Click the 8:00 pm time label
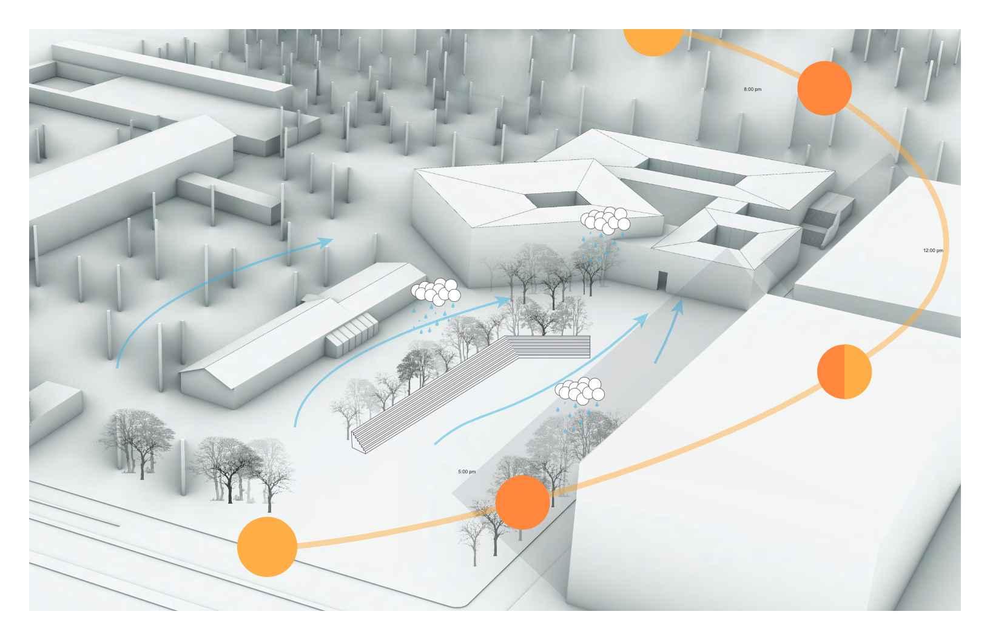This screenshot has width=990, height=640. pyautogui.click(x=752, y=90)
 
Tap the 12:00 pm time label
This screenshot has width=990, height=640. pyautogui.click(x=932, y=250)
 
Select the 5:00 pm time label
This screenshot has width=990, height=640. pyautogui.click(x=466, y=472)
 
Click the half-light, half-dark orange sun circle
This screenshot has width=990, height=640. pyautogui.click(x=844, y=372)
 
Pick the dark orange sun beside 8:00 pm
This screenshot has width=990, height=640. pyautogui.click(x=824, y=88)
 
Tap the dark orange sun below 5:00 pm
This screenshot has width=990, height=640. pyautogui.click(x=522, y=502)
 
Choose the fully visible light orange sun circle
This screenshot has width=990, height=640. pyautogui.click(x=267, y=547)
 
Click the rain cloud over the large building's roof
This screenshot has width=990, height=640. pyautogui.click(x=605, y=221)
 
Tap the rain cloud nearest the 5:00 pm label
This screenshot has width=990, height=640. pyautogui.click(x=581, y=390)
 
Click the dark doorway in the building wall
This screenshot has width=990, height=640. pyautogui.click(x=662, y=281)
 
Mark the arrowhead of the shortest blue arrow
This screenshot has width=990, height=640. pyautogui.click(x=679, y=305)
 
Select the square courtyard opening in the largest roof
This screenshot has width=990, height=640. pyautogui.click(x=551, y=199)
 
